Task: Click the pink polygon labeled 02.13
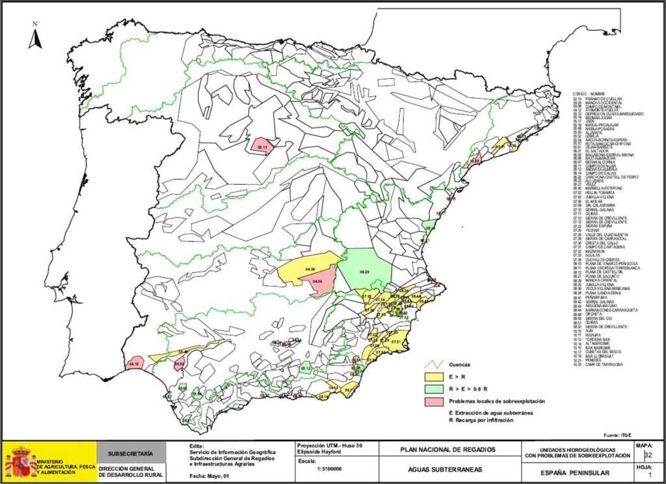click(x=262, y=146)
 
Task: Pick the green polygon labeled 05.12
click(x=306, y=368)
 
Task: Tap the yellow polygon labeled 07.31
click(x=395, y=340)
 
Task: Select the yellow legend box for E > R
click(x=433, y=376)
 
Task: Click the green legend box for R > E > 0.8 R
click(x=433, y=388)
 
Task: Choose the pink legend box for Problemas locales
click(x=433, y=401)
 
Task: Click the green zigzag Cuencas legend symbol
click(x=433, y=364)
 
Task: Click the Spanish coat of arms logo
click(x=21, y=462)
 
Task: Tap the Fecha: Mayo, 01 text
click(x=209, y=476)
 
